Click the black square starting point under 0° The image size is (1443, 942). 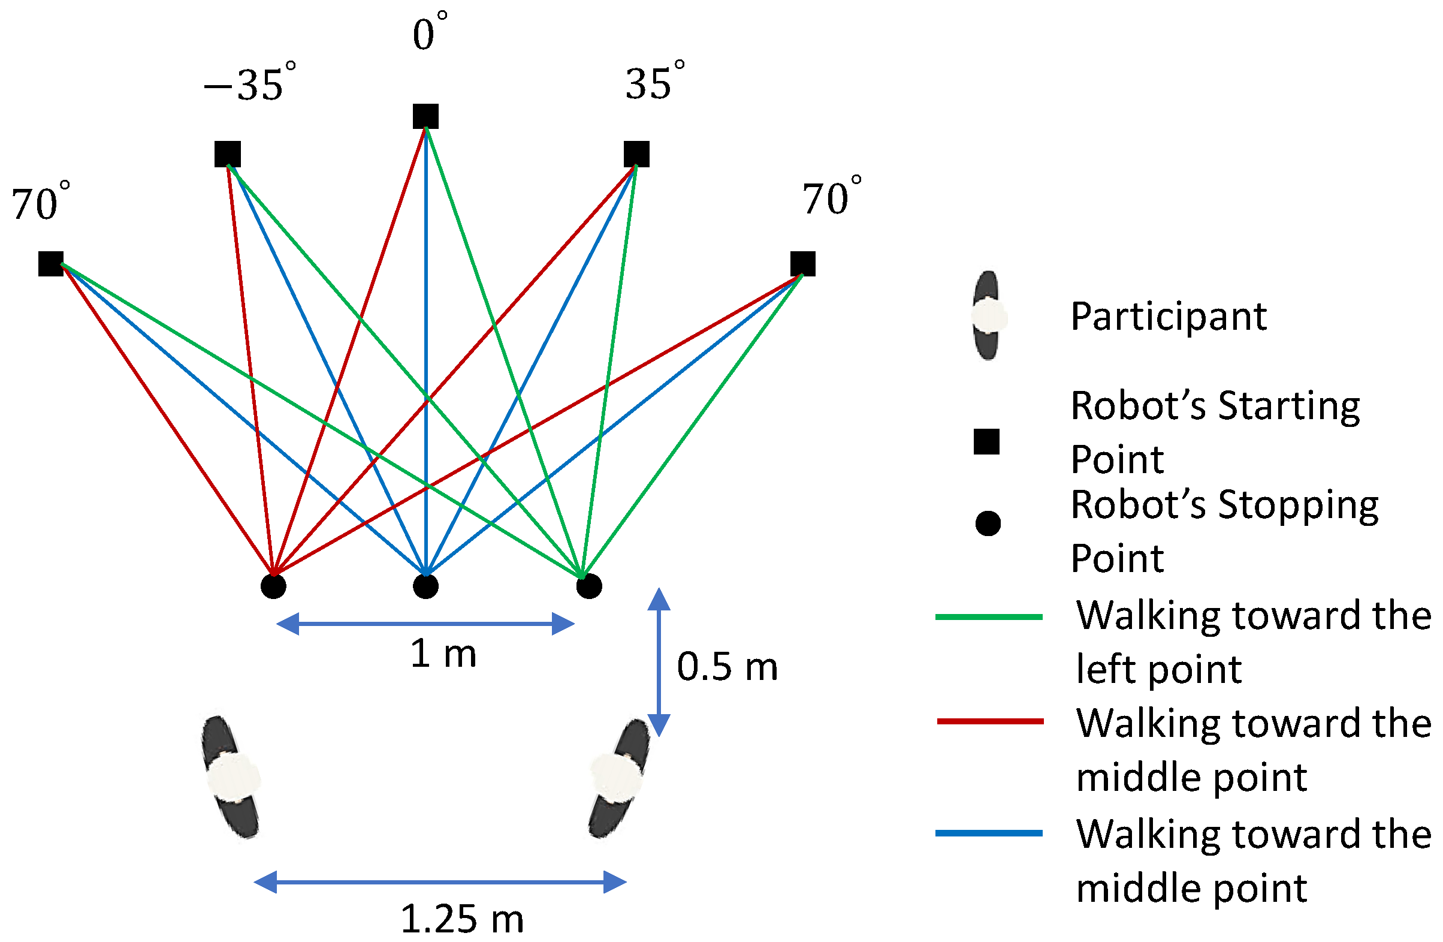click(425, 116)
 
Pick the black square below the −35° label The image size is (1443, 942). click(227, 154)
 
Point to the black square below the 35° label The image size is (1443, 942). click(636, 154)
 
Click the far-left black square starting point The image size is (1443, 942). click(51, 264)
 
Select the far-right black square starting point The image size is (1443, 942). click(803, 264)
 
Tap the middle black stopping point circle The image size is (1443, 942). click(425, 586)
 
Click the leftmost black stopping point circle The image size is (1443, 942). click(273, 586)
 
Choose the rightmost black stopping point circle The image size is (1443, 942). click(588, 586)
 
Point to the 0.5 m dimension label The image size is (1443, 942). click(727, 667)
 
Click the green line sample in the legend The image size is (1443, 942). click(989, 617)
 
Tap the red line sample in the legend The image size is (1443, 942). click(990, 721)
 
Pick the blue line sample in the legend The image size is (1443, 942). click(989, 833)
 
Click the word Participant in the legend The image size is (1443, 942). click(1169, 317)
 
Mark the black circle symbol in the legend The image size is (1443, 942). click(988, 523)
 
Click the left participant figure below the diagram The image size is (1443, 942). click(231, 777)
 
